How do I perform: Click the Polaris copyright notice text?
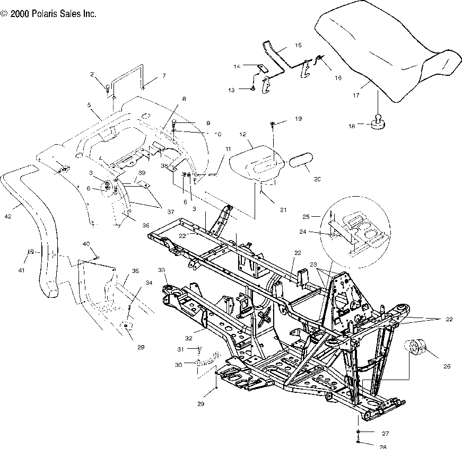click(x=49, y=14)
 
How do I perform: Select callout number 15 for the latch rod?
click(x=298, y=46)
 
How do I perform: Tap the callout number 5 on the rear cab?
click(x=89, y=105)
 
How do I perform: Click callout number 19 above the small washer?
click(x=313, y=120)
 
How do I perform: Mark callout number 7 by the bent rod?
click(x=164, y=76)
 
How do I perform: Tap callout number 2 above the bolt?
click(x=92, y=74)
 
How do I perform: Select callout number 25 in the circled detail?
click(x=320, y=217)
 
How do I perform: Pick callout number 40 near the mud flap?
click(x=86, y=243)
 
